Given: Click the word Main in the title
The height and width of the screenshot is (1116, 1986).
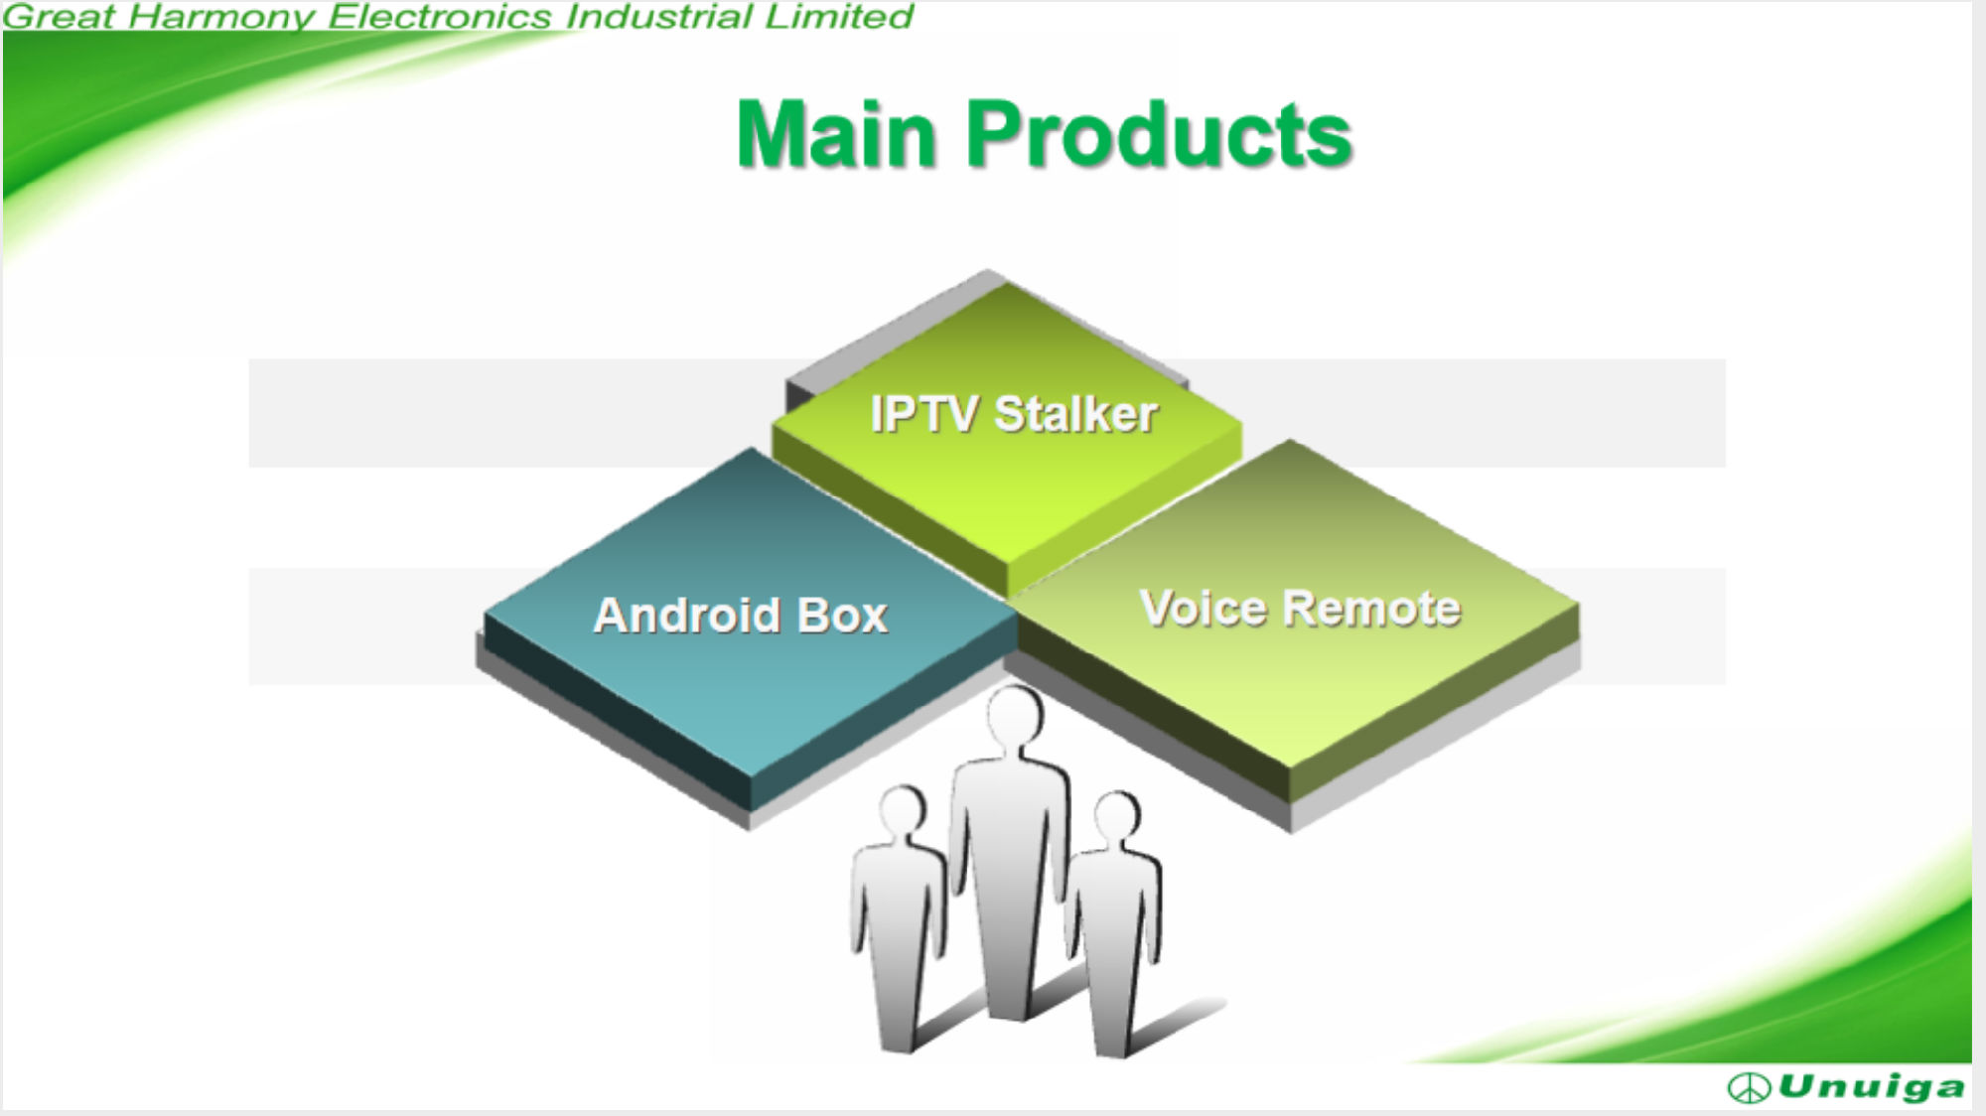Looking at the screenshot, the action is [836, 135].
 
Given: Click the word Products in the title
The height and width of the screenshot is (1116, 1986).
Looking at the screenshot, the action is [1159, 135].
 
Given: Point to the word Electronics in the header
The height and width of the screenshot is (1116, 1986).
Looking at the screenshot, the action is [440, 16].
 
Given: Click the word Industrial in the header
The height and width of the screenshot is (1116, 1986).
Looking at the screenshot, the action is [659, 16].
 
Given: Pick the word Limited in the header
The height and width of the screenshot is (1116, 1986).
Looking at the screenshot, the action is [838, 16].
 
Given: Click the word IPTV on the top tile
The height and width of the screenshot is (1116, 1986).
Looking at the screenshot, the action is [924, 414].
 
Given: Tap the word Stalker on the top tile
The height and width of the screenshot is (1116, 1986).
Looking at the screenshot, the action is [1075, 414].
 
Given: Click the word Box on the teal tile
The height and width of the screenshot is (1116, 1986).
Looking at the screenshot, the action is [842, 616].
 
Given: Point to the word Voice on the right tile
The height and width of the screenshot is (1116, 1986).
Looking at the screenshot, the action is [1203, 608].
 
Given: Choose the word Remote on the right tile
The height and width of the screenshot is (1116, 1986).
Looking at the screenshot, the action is [1371, 608].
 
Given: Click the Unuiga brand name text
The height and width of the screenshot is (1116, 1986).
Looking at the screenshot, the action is [1872, 1088].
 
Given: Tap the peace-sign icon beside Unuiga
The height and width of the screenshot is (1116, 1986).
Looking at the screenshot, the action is [1749, 1088].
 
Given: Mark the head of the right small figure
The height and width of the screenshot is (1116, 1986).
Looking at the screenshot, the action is [1117, 816].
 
